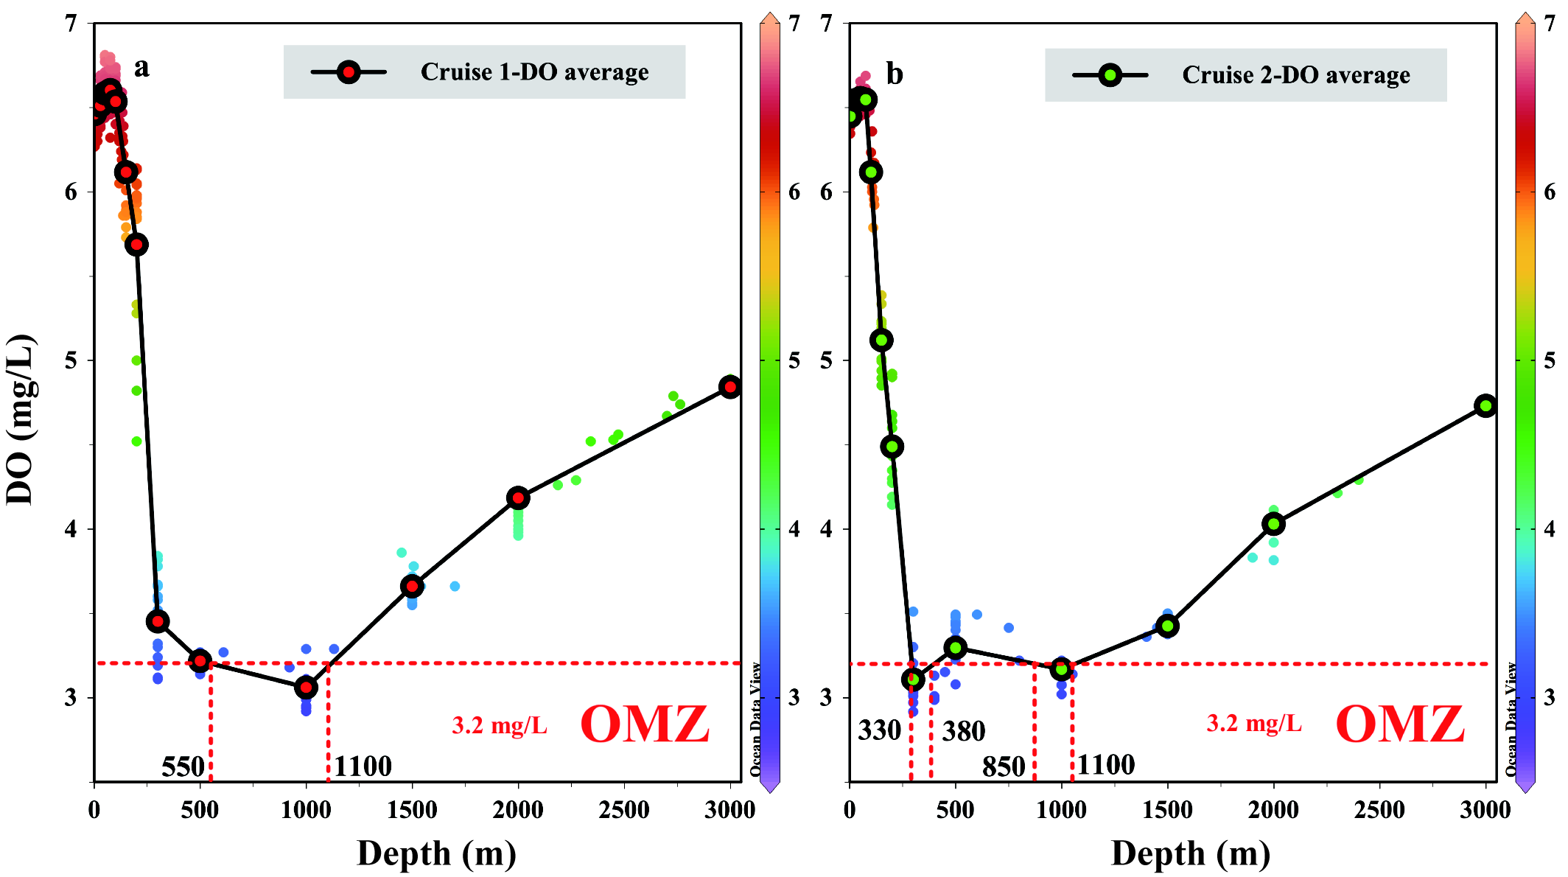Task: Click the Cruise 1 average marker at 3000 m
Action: pos(730,387)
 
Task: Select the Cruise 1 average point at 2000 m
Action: pos(518,498)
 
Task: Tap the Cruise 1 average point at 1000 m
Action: pos(306,688)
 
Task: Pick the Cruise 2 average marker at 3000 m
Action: pos(1485,405)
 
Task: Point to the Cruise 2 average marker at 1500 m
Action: pos(1167,626)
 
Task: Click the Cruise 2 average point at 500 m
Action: pos(956,648)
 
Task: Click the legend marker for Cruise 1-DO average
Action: pos(349,72)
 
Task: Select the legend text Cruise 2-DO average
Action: pos(1295,75)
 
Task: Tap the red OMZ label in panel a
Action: pos(645,724)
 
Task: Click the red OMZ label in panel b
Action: pos(1399,724)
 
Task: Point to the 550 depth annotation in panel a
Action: pos(183,767)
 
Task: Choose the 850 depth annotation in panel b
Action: pos(1004,767)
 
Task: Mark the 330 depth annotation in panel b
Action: pos(879,731)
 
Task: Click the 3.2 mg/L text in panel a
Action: pos(500,726)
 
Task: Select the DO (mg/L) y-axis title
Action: pos(21,420)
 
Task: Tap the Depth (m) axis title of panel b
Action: pos(1190,853)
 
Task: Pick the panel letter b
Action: pos(894,74)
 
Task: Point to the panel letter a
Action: pos(141,67)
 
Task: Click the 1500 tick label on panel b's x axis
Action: pos(1167,810)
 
